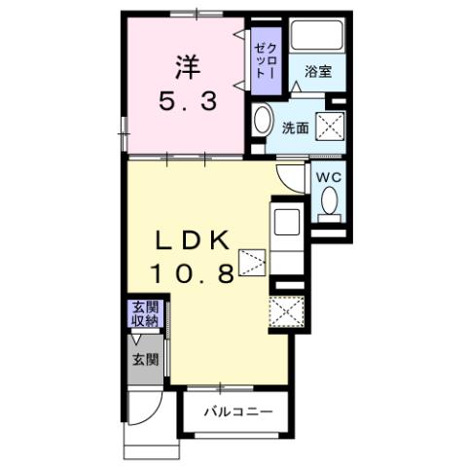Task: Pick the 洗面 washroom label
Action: (x=295, y=127)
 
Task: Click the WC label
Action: (x=327, y=178)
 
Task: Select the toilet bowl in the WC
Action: (x=328, y=203)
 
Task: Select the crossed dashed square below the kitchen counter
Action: (x=288, y=313)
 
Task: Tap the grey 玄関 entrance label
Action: (x=144, y=358)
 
